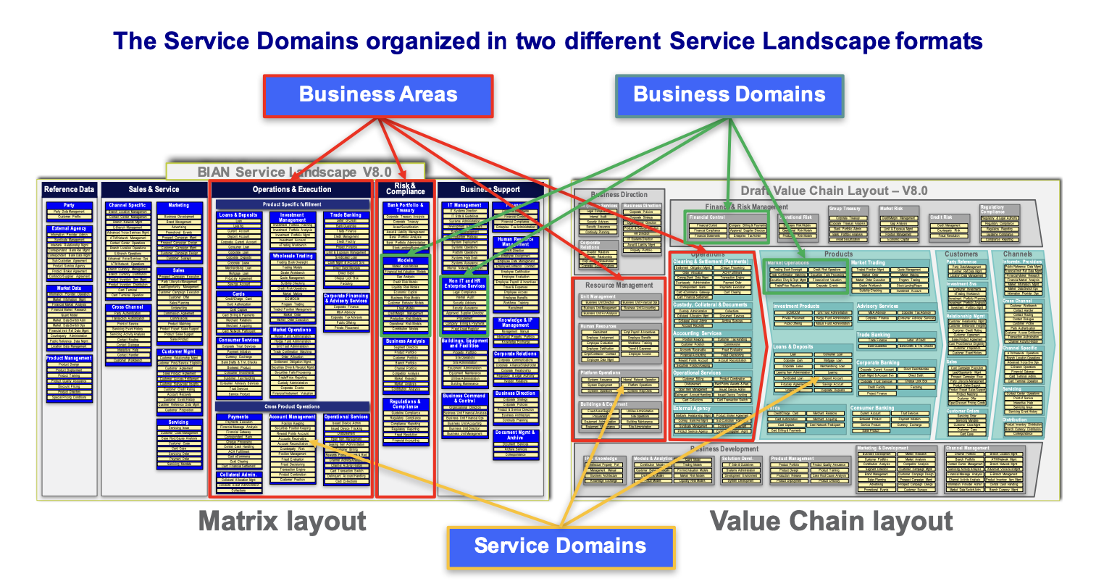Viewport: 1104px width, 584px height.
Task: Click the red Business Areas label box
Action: (x=377, y=95)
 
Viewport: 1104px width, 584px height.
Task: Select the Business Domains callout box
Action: (x=729, y=95)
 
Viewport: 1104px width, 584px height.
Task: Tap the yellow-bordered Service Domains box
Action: (x=560, y=546)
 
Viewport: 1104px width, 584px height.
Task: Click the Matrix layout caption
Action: (x=283, y=521)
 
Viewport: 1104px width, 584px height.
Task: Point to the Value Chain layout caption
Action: (x=831, y=521)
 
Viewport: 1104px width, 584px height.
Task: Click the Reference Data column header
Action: (x=69, y=190)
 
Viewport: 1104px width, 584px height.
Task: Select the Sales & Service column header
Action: (x=154, y=190)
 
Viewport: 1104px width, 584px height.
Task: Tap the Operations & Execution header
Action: (x=292, y=190)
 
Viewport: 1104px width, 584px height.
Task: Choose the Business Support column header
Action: (x=490, y=190)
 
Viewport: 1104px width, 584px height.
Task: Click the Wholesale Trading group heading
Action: (x=293, y=256)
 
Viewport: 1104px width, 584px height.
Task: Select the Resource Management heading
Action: (x=619, y=285)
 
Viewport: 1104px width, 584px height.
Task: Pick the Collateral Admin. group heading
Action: (x=238, y=475)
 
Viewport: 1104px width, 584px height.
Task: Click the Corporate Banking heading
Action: (x=877, y=362)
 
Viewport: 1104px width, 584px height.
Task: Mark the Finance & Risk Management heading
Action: (x=746, y=207)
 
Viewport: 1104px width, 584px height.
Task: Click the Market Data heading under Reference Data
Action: (x=69, y=288)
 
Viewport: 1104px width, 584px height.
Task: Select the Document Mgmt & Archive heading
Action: (x=515, y=435)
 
